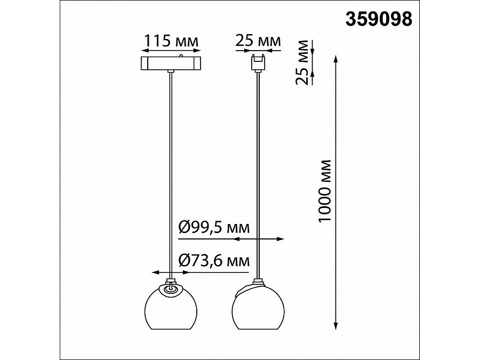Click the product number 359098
click(379, 20)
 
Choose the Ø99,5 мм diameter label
click(213, 228)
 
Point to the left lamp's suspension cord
click(170, 171)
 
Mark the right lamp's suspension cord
click(259, 171)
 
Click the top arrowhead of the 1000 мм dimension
click(336, 58)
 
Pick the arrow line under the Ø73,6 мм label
click(171, 273)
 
